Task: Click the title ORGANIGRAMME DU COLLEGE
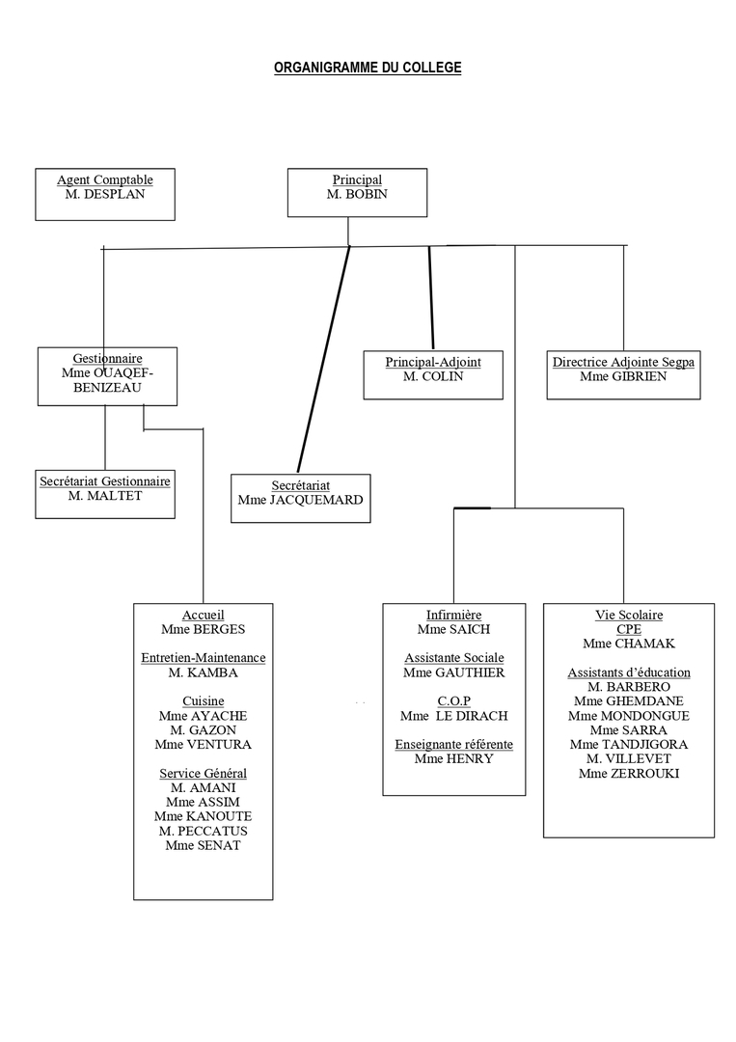368,68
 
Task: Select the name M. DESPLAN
105,194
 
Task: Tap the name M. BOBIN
357,194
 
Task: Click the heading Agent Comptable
105,179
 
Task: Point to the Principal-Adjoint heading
433,362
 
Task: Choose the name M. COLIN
433,376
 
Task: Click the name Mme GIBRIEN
623,376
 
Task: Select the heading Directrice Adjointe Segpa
623,362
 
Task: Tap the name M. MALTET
105,495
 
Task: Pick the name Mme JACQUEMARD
301,500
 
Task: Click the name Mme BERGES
204,629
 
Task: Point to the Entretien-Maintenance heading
204,658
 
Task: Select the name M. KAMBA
204,672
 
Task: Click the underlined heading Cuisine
204,701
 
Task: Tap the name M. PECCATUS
204,831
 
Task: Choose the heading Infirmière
453,615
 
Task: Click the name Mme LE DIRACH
453,716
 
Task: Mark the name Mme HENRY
453,758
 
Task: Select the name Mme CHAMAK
629,644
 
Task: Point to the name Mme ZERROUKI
629,773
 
